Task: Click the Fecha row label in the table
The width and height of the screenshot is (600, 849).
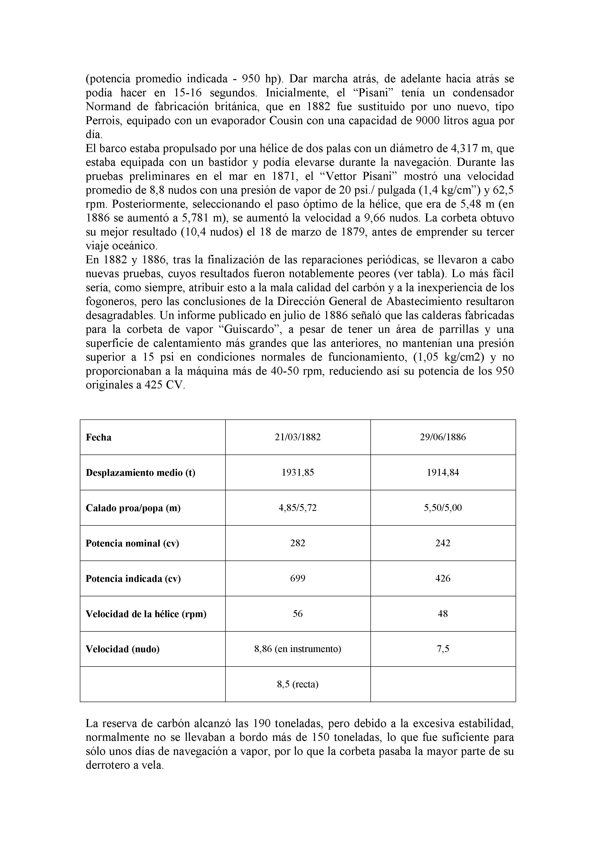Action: [x=98, y=437]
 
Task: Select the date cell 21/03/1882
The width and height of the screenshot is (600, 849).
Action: [x=298, y=437]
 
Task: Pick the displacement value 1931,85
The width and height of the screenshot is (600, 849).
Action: [x=298, y=473]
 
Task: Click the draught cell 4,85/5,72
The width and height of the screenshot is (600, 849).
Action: [x=298, y=508]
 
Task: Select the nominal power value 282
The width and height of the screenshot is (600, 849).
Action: [x=298, y=543]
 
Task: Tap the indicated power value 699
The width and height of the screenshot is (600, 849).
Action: [x=298, y=578]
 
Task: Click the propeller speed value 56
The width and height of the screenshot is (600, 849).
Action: [x=298, y=614]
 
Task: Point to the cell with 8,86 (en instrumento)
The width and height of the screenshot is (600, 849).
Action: [x=298, y=649]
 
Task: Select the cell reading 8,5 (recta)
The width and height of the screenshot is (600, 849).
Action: [x=298, y=684]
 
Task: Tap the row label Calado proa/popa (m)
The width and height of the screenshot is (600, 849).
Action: [x=133, y=508]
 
